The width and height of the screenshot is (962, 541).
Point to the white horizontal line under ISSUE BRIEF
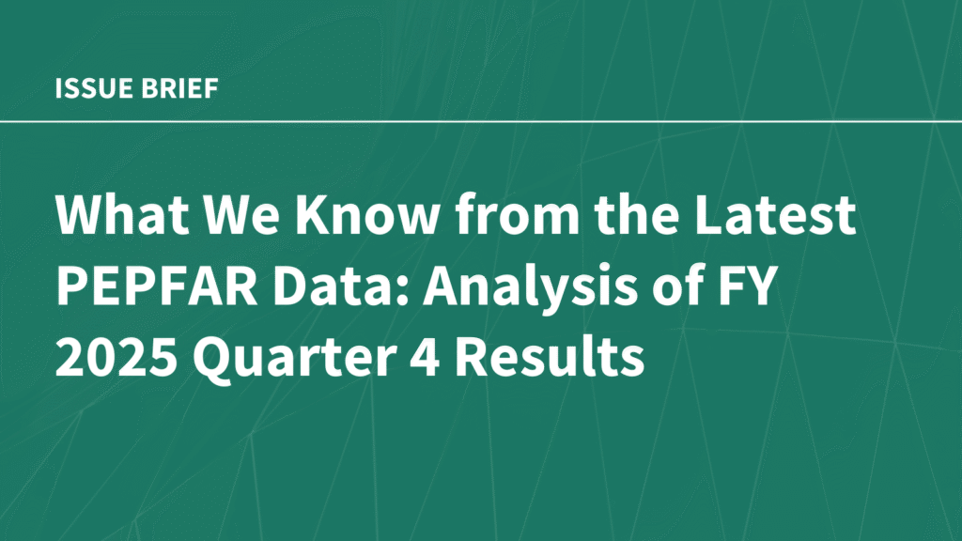(x=481, y=121)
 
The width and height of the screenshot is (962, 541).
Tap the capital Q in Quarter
(x=211, y=358)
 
